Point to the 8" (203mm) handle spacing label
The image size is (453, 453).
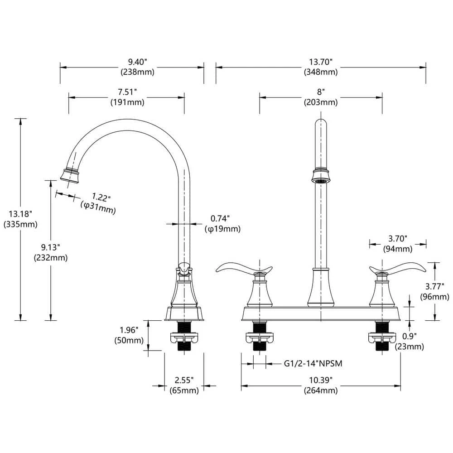coord(320,97)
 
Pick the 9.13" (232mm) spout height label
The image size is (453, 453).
coord(50,252)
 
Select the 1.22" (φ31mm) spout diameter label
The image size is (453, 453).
coord(97,203)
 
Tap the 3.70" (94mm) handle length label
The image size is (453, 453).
coord(397,243)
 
